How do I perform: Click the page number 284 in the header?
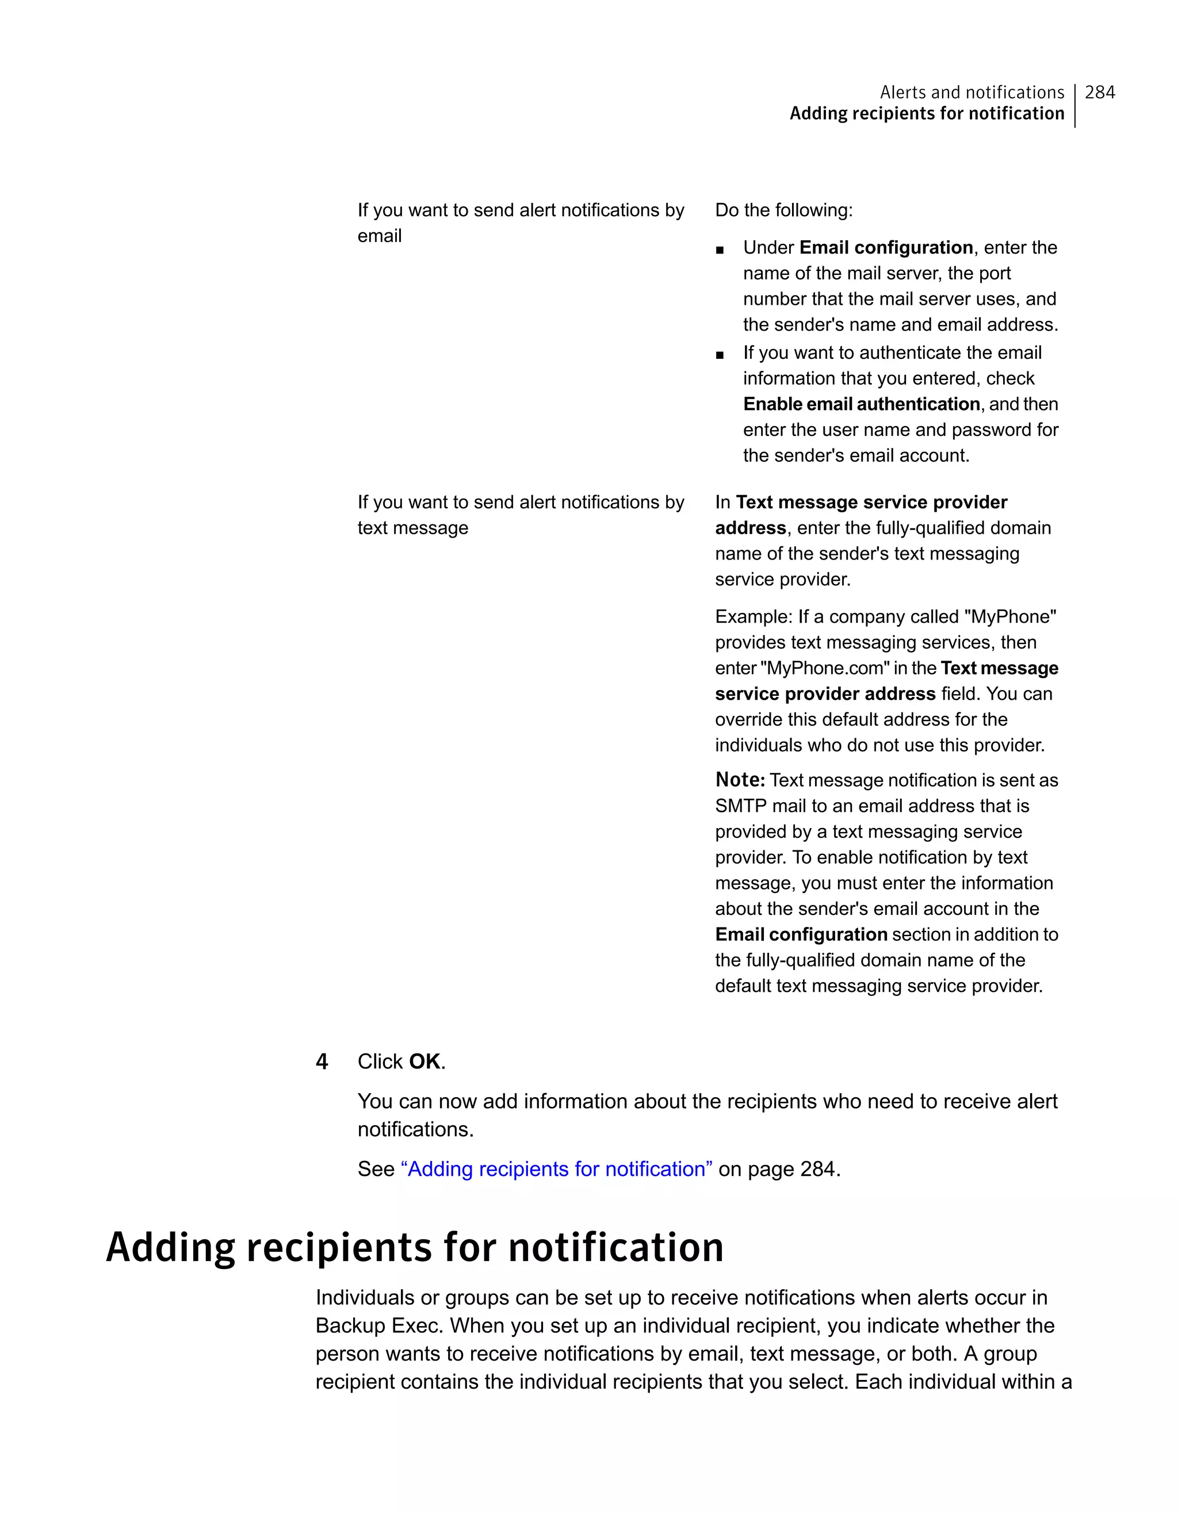tap(1100, 92)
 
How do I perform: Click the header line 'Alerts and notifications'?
tap(972, 92)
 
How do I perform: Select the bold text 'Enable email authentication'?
tap(861, 404)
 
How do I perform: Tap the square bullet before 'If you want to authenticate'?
tap(720, 355)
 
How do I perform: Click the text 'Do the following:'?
tap(783, 210)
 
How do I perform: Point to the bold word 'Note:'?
tap(740, 780)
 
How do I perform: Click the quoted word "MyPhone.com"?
tap(825, 668)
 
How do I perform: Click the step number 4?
tap(322, 1061)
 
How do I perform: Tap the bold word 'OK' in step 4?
tap(424, 1061)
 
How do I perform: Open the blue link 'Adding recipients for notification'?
tap(556, 1169)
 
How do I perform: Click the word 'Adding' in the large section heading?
tap(171, 1247)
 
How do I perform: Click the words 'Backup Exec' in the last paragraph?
tap(379, 1325)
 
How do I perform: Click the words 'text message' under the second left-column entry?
tap(412, 528)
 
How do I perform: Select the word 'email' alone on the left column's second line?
tap(379, 236)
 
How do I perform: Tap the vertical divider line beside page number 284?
tap(1074, 105)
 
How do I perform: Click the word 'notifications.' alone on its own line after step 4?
tap(415, 1129)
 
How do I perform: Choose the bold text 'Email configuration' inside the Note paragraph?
tap(801, 934)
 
